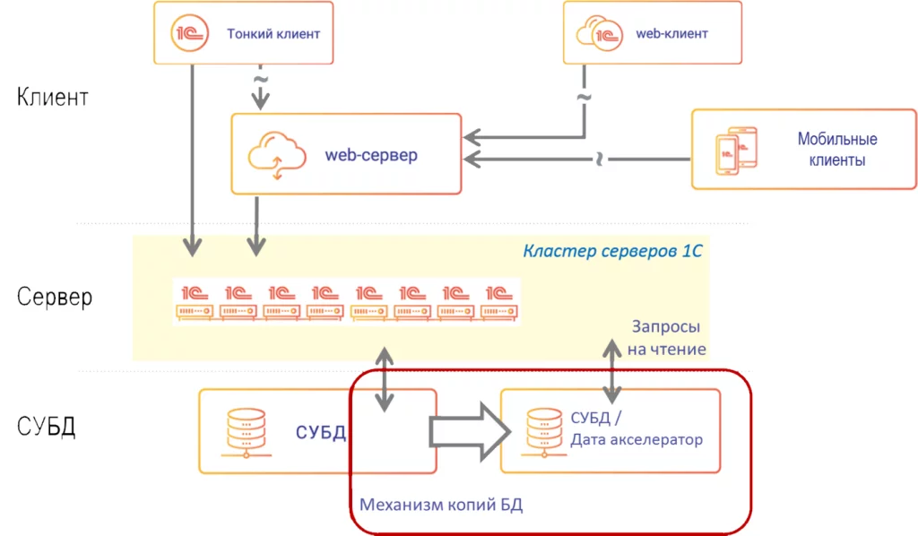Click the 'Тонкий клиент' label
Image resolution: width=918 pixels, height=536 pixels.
tap(273, 34)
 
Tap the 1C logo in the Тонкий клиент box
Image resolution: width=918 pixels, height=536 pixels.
tap(189, 34)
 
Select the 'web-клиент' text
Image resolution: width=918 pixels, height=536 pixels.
tap(671, 34)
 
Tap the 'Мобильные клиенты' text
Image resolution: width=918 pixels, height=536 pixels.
tap(837, 150)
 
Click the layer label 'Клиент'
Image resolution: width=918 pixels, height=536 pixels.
tap(52, 97)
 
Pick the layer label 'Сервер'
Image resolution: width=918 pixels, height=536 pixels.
tap(55, 298)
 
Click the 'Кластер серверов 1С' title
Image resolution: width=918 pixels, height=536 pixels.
tap(611, 251)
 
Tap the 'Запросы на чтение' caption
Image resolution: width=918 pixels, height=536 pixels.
tap(666, 337)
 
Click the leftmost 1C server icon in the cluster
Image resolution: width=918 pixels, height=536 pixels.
tap(195, 300)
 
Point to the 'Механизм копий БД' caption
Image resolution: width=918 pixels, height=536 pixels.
tap(441, 505)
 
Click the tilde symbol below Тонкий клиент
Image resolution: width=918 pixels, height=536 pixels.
tap(260, 80)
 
